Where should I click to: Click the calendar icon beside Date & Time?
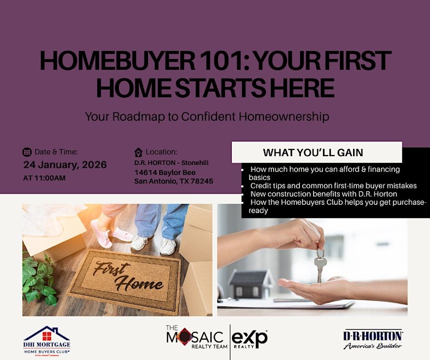tap(27, 152)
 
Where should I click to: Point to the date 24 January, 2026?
tap(65, 164)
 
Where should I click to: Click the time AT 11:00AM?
tap(44, 178)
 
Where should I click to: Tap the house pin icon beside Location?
tap(138, 152)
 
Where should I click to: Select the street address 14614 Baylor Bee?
tap(165, 173)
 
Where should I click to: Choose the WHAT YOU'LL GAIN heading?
tap(313, 153)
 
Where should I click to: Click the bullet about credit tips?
tap(334, 186)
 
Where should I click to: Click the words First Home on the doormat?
tap(128, 277)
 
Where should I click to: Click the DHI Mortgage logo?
tap(47, 342)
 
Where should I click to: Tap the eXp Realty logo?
tap(250, 340)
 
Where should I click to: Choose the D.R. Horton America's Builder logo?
tap(373, 340)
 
